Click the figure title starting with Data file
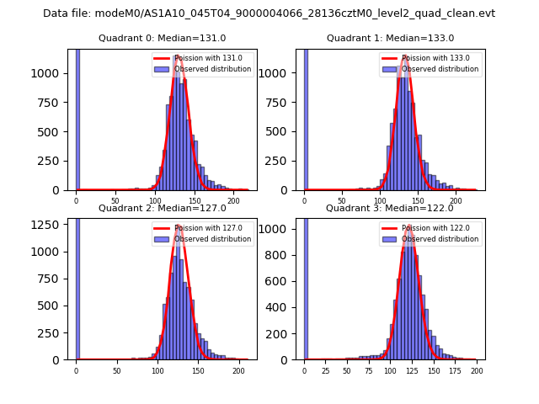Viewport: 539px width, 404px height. point(269,13)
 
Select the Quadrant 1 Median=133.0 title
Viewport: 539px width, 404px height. point(390,38)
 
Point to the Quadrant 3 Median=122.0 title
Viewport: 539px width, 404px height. point(390,208)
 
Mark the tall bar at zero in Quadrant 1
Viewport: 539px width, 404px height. point(306,118)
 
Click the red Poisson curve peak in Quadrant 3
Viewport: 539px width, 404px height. point(409,226)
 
